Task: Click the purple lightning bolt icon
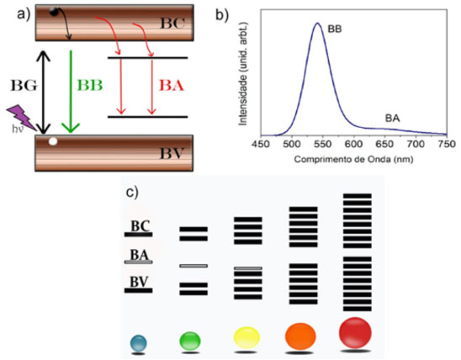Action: coord(21,118)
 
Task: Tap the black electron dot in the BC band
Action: coord(54,12)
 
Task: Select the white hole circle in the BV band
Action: coord(53,141)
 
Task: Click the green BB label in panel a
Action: coord(90,86)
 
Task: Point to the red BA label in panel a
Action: coord(172,86)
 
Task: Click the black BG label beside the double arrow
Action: coord(24,86)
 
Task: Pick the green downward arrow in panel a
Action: coord(71,92)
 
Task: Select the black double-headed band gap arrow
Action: coord(44,92)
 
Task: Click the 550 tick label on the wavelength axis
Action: coord(322,144)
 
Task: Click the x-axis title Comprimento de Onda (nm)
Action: coord(353,159)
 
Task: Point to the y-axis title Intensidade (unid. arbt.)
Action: coord(243,74)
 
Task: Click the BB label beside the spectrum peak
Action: coord(335,29)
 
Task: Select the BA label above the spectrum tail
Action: coord(393,119)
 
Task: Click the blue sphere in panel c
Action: coord(138,342)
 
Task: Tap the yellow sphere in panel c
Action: coord(246,337)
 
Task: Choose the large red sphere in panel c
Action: coord(355,333)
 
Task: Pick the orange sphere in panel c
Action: coord(300,336)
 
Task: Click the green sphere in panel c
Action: coord(190,341)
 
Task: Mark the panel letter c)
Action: coord(132,193)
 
